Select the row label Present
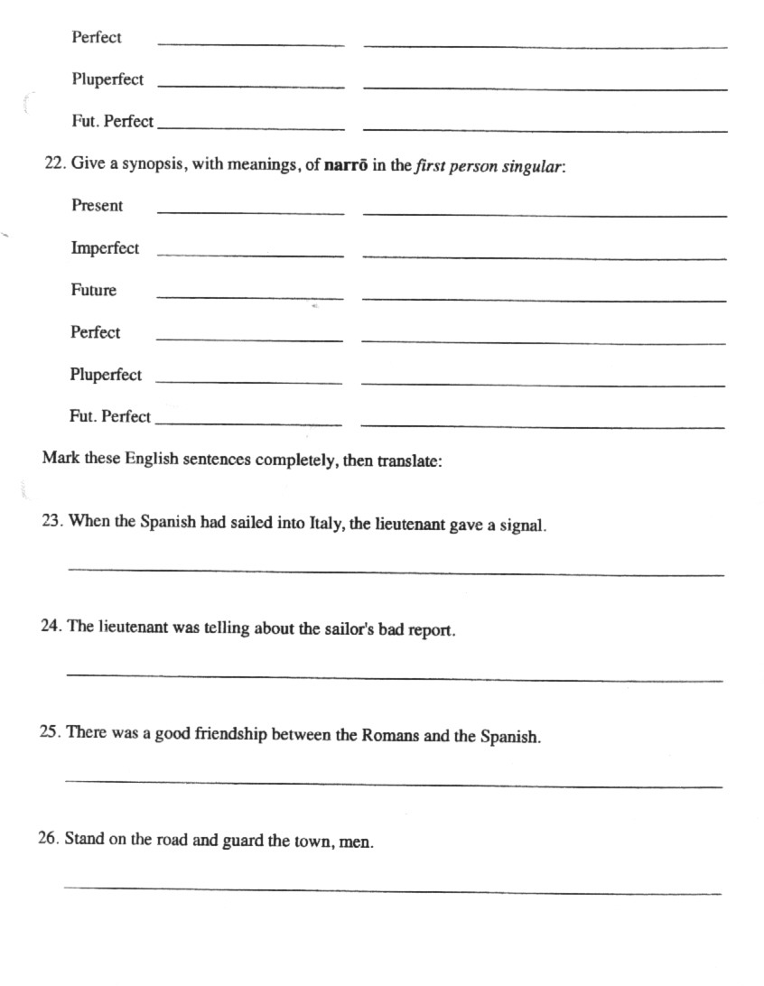coord(97,206)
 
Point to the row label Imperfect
coord(105,248)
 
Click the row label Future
coord(93,291)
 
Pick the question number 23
coord(51,521)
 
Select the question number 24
coord(51,627)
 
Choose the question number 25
coord(51,732)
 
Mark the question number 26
coord(50,839)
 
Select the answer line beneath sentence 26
coord(392,890)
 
